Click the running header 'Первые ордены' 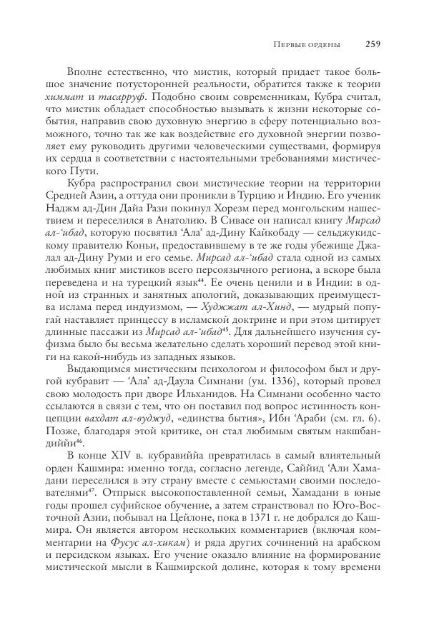pyautogui.click(x=307, y=45)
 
